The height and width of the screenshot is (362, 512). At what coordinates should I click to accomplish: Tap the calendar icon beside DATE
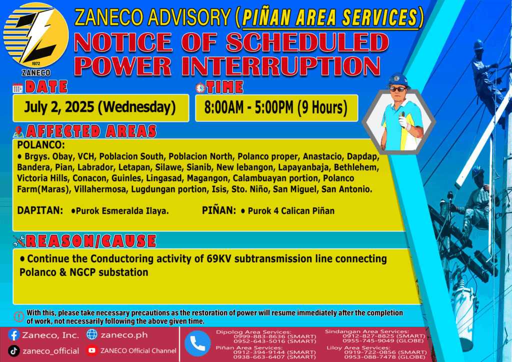(x=17, y=88)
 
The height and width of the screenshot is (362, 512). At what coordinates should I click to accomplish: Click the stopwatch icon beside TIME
(x=200, y=87)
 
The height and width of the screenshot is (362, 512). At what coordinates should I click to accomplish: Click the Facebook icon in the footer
(x=13, y=335)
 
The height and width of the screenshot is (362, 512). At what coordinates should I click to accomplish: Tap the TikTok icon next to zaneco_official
(x=13, y=350)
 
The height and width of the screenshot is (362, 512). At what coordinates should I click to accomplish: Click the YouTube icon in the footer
(x=92, y=350)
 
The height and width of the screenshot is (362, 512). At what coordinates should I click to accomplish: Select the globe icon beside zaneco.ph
(x=92, y=334)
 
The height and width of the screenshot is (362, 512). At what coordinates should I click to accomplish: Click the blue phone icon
(x=197, y=343)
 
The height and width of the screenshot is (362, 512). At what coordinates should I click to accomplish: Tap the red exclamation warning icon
(x=19, y=316)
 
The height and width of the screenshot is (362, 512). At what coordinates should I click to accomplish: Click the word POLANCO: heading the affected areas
(x=41, y=144)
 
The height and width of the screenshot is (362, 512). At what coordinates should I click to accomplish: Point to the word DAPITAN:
(x=40, y=210)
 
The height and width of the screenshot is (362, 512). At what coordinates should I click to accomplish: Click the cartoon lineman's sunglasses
(x=398, y=89)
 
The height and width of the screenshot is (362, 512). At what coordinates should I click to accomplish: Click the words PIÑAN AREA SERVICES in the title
(x=330, y=18)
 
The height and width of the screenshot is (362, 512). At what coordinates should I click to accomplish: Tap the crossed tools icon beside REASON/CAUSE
(x=19, y=241)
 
